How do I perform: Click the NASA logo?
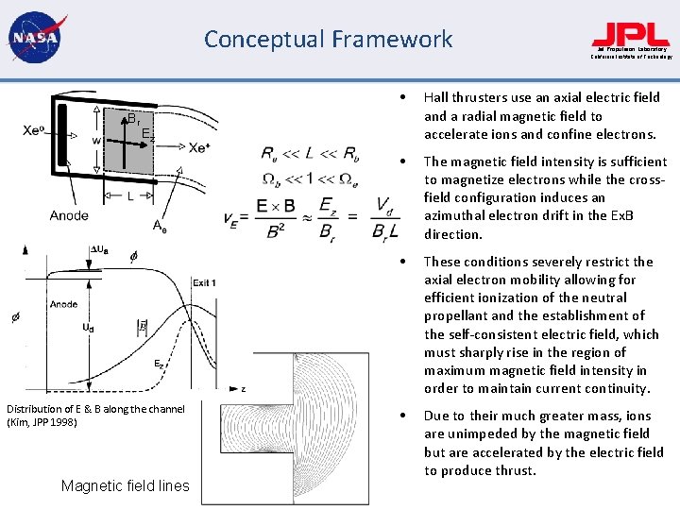click(x=34, y=39)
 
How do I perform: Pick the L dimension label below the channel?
click(x=129, y=196)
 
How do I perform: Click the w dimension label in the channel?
click(x=95, y=141)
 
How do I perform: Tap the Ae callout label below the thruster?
click(x=161, y=225)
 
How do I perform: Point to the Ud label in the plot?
click(x=89, y=328)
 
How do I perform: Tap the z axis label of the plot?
click(x=244, y=388)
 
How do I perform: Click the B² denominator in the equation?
click(x=275, y=229)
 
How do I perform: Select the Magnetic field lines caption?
click(x=125, y=486)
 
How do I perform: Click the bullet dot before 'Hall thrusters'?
click(x=403, y=97)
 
